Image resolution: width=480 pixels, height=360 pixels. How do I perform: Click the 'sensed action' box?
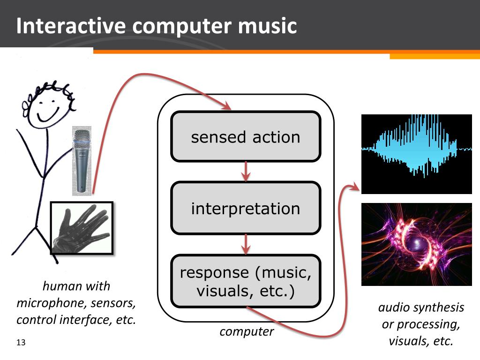pyautogui.click(x=246, y=137)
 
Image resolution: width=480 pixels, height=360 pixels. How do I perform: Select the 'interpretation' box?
pyautogui.click(x=246, y=208)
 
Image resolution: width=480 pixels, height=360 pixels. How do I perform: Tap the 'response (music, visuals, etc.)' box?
pyautogui.click(x=246, y=281)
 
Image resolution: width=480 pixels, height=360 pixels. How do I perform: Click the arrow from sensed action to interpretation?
pyautogui.click(x=246, y=172)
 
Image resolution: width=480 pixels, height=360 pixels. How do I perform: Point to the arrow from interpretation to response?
pyautogui.click(x=246, y=244)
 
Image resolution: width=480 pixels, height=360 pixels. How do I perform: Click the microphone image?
pyautogui.click(x=82, y=159)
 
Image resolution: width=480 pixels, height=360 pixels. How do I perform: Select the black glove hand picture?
pyautogui.click(x=82, y=228)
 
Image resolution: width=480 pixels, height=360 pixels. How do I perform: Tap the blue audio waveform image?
pyautogui.click(x=416, y=154)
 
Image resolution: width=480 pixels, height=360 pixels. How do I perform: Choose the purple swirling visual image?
pyautogui.click(x=416, y=244)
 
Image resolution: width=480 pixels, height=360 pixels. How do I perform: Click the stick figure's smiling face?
pyautogui.click(x=47, y=105)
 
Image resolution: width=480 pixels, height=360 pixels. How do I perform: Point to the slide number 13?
pyautogui.click(x=20, y=343)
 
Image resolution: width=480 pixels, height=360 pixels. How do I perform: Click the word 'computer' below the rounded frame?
pyautogui.click(x=247, y=331)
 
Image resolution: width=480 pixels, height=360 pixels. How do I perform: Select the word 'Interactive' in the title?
pyautogui.click(x=70, y=26)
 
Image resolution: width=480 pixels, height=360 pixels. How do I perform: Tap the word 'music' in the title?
pyautogui.click(x=267, y=26)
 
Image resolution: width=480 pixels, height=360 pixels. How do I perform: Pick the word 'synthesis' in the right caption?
pyautogui.click(x=441, y=307)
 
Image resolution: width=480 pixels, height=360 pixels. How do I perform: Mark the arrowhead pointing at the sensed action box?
pyautogui.click(x=227, y=107)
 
